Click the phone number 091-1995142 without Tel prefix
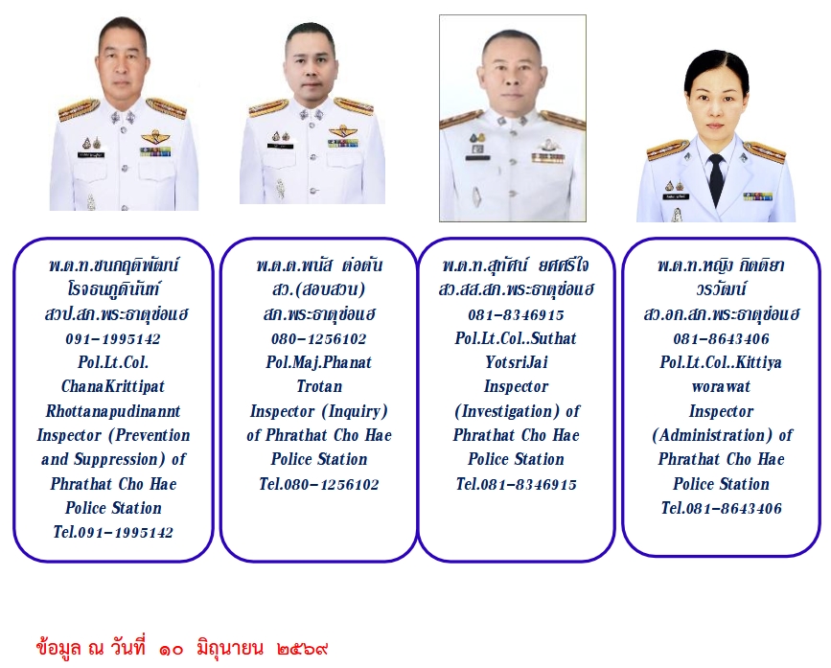pyautogui.click(x=113, y=339)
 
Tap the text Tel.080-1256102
pyautogui.click(x=319, y=484)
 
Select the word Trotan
pyautogui.click(x=319, y=386)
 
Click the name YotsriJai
pyautogui.click(x=517, y=362)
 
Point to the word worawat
pyautogui.click(x=721, y=386)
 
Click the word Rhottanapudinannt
pyautogui.click(x=113, y=411)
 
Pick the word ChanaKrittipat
pyautogui.click(x=113, y=386)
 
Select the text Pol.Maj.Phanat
pyautogui.click(x=319, y=362)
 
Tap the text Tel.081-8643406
pyautogui.click(x=722, y=509)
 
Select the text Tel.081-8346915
pyautogui.click(x=517, y=484)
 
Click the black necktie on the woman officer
pyautogui.click(x=716, y=177)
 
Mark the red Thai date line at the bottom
pyautogui.click(x=182, y=648)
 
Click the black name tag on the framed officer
pyautogui.click(x=477, y=157)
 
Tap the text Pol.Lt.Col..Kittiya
pyautogui.click(x=721, y=362)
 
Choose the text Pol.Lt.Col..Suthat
pyautogui.click(x=516, y=338)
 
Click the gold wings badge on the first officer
pyautogui.click(x=154, y=137)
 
